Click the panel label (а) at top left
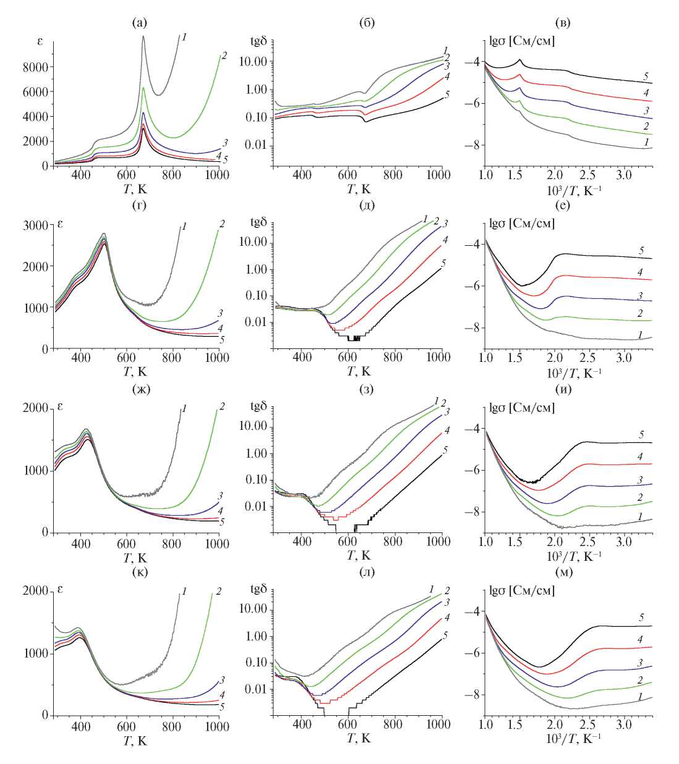point(140,23)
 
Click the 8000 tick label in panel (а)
point(35,67)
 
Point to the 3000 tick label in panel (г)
point(35,225)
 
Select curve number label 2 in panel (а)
point(224,56)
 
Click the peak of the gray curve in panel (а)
point(143,36)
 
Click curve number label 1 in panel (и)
point(642,516)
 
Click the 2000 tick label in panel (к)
point(35,592)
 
